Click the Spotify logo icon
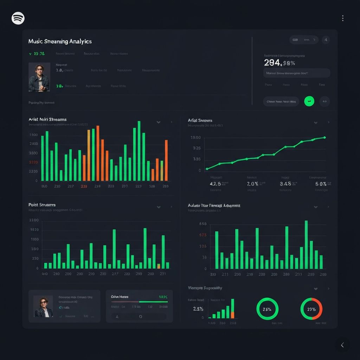coord(18,18)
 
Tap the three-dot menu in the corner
coord(342,18)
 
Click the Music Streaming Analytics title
coord(60,41)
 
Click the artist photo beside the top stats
coord(39,77)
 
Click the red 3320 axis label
coord(33,162)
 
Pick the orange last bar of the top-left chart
coord(166,160)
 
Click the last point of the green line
coord(324,137)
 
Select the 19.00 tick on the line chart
coord(195,137)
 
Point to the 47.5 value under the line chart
coord(216,184)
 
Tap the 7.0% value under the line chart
coord(252,184)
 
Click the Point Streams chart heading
coord(42,205)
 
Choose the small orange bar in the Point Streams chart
coord(159,266)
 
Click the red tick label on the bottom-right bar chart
coord(203,235)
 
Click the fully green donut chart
coord(268,309)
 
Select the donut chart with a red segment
coord(311,309)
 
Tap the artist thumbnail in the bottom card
coord(43,306)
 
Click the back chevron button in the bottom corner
coord(342,345)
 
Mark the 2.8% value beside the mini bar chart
coord(198,309)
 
